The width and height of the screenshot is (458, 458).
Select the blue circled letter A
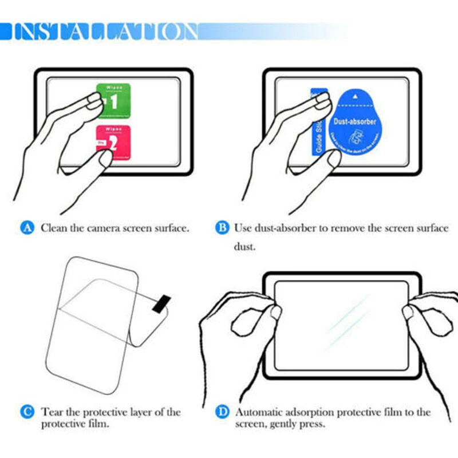(27, 228)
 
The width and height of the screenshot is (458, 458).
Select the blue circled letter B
(221, 228)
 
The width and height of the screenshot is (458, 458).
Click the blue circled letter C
(27, 412)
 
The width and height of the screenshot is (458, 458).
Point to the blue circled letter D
(222, 412)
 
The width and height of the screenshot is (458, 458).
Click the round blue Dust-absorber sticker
(355, 123)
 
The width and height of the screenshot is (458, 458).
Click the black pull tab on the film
(160, 303)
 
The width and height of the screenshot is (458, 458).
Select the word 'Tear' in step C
(51, 412)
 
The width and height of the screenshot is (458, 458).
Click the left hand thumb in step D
(275, 313)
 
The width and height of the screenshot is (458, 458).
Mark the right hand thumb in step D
(408, 313)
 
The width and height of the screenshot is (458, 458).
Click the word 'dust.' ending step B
(244, 247)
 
